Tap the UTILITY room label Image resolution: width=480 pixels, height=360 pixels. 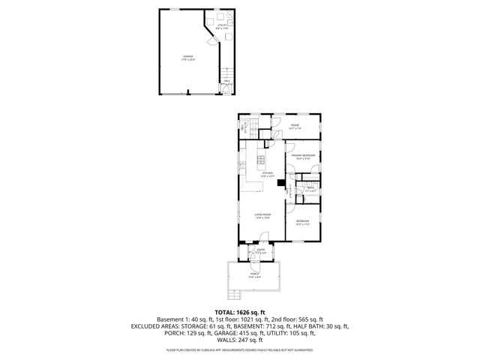[x=222, y=26]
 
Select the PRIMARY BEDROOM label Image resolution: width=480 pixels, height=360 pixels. [x=303, y=155]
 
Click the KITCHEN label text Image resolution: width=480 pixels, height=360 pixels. [x=267, y=174]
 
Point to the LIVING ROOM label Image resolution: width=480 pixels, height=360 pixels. [x=262, y=216]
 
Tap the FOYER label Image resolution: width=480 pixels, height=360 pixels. [x=260, y=251]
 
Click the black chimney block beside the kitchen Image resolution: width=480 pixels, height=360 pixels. [x=280, y=181]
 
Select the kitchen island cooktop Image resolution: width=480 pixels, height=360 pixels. [x=260, y=158]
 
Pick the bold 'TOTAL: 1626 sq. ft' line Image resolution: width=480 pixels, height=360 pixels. [x=240, y=311]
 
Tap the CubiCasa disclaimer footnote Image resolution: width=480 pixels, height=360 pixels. [x=240, y=349]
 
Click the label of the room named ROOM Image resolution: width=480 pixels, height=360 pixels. [x=295, y=127]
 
